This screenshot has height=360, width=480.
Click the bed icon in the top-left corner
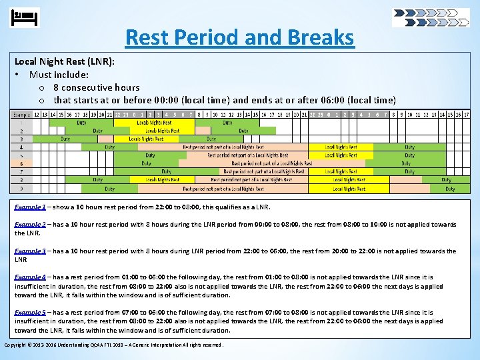tap(25, 17)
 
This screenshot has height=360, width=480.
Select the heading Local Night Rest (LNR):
tap(65, 61)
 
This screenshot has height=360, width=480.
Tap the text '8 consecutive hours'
tap(97, 87)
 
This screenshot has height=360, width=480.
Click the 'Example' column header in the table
tap(21, 115)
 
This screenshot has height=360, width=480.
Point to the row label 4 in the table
tap(21, 147)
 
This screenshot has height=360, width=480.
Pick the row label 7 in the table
tap(21, 171)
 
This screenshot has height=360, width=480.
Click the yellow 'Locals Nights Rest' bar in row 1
tap(154, 123)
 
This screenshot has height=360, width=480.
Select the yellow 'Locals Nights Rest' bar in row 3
tap(146, 139)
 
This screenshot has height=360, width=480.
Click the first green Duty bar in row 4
tap(109, 147)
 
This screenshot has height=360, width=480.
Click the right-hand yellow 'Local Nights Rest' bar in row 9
tap(349, 189)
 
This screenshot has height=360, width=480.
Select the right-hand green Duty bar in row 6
tap(406, 163)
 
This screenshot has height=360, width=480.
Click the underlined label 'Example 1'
tap(30, 207)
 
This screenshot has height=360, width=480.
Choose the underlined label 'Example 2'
tap(30, 225)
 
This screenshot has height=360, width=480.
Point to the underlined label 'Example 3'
tap(30, 251)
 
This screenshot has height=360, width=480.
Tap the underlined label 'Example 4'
tap(30, 277)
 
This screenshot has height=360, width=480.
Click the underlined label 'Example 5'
tap(30, 313)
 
